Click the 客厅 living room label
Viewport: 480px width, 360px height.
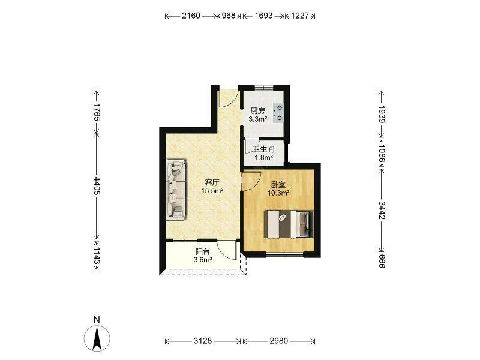pos(212,183)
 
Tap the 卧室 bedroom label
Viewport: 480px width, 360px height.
pos(278,185)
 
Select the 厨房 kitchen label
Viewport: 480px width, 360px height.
pos(257,111)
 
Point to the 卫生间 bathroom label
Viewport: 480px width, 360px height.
pos(263,149)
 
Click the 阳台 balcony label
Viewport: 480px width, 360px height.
pos(203,252)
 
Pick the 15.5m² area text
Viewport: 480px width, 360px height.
pos(212,191)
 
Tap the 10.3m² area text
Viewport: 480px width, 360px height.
pos(278,193)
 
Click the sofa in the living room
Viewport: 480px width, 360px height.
pos(176,190)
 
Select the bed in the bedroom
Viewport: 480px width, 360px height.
pos(289,224)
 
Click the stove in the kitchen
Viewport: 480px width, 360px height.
pos(279,112)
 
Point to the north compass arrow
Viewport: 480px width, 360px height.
pos(97,338)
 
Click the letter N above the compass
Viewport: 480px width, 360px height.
pos(97,320)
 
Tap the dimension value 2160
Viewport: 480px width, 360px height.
pos(191,16)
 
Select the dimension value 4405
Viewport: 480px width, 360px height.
pos(97,185)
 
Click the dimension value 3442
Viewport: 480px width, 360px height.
pos(382,211)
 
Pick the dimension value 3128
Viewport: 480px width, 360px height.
pos(203,341)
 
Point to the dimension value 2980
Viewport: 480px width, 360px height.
pos(279,341)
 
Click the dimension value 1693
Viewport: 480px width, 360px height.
pos(263,16)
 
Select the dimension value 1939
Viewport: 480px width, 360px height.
pos(382,114)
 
